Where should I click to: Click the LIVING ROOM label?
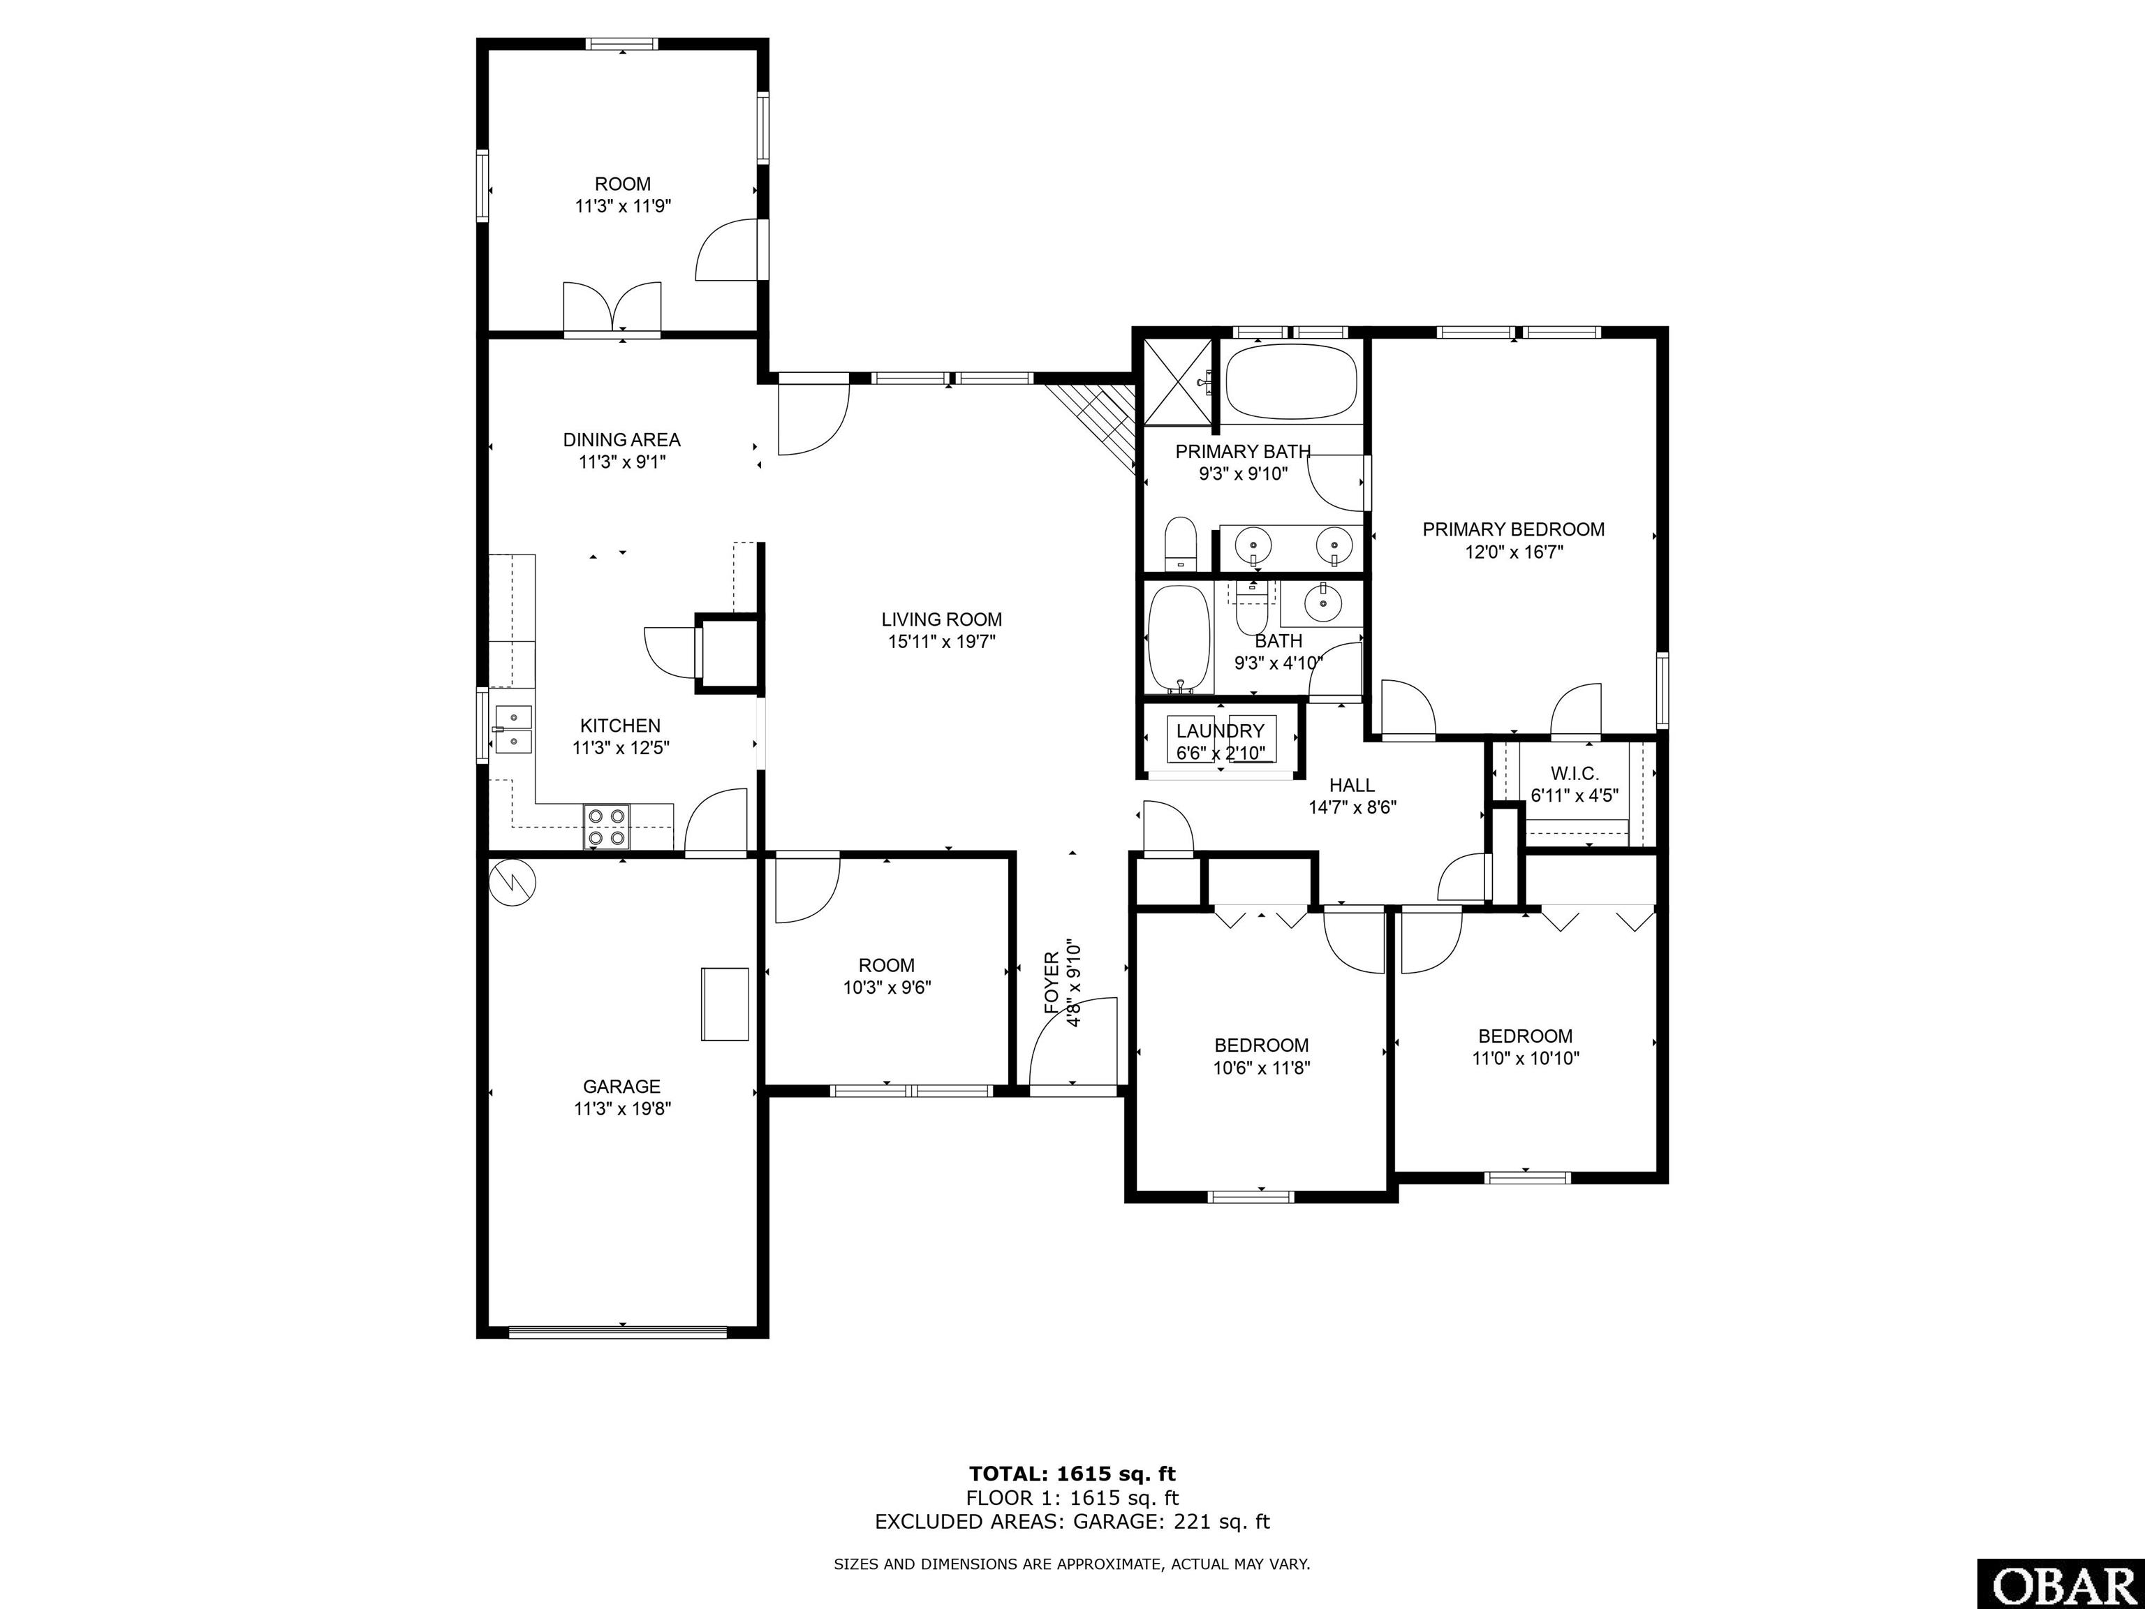942,619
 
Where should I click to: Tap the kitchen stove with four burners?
607,828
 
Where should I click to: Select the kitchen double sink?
514,729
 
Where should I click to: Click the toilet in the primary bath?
1180,543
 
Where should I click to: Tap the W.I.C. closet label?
1575,774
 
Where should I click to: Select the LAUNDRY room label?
1220,731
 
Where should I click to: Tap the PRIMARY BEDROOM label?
1514,529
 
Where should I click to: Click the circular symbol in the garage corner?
511,883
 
